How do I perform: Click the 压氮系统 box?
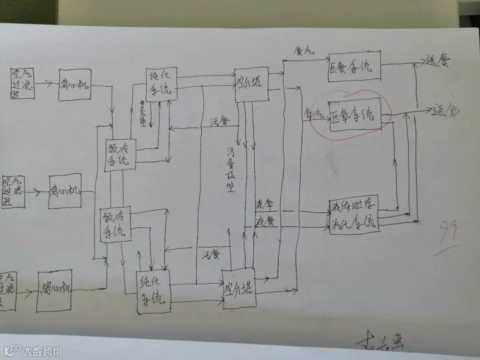(x=355, y=68)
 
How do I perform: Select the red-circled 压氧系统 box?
(x=354, y=114)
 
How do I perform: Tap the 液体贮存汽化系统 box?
(x=354, y=213)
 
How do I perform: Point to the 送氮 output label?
(x=437, y=61)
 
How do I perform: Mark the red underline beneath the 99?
(x=446, y=252)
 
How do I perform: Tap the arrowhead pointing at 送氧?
(x=429, y=109)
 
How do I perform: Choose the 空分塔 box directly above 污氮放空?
(x=252, y=84)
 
